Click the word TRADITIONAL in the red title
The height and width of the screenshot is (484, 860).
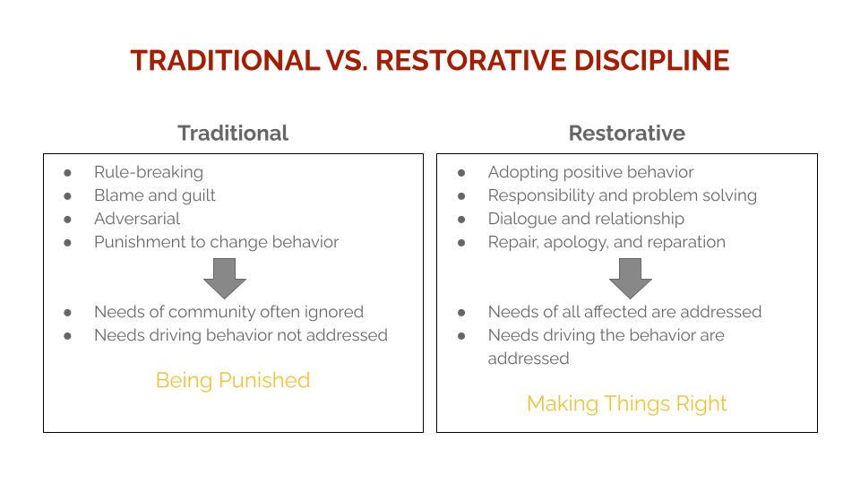click(x=226, y=60)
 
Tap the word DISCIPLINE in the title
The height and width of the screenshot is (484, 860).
click(x=651, y=60)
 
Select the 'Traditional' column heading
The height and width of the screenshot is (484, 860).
click(x=233, y=134)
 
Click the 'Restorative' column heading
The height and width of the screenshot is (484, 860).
click(x=627, y=134)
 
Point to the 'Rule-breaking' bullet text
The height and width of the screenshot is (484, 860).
click(x=149, y=172)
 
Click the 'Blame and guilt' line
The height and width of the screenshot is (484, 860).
click(x=155, y=196)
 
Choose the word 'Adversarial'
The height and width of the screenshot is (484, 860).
click(x=137, y=219)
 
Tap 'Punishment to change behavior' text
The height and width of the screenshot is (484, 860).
click(x=217, y=242)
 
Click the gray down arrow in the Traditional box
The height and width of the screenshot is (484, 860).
click(x=225, y=278)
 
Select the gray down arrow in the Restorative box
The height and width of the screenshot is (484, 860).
click(x=630, y=278)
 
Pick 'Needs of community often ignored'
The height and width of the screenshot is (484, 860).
click(x=228, y=312)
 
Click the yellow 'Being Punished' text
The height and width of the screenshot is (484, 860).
click(x=233, y=380)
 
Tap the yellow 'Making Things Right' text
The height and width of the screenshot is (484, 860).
click(x=627, y=404)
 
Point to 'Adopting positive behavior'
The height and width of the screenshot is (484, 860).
click(x=590, y=172)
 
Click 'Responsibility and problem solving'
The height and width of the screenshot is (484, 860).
click(x=623, y=196)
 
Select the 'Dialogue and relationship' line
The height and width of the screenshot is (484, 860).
click(x=586, y=219)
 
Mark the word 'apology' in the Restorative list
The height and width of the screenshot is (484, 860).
click(x=576, y=243)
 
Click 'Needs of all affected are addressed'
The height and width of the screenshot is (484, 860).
click(x=624, y=312)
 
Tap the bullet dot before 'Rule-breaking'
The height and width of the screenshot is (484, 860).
click(x=67, y=173)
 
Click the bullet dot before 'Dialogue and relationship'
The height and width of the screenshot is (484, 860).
click(x=461, y=220)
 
